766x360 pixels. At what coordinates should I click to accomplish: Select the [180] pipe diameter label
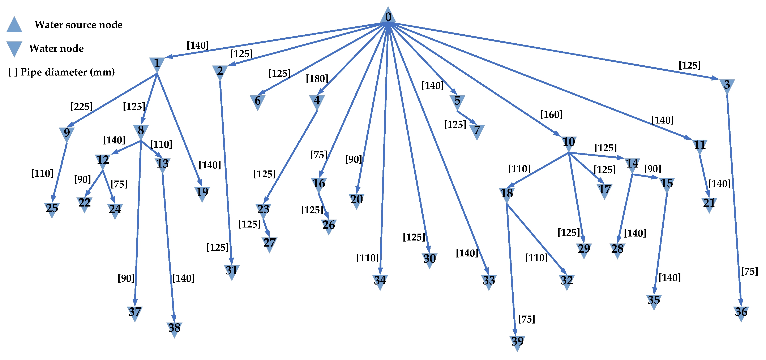[317, 79]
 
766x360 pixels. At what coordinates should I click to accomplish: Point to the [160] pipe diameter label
[551, 114]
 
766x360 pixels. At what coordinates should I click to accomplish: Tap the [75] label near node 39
[527, 319]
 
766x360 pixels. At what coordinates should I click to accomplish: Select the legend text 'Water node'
[56, 48]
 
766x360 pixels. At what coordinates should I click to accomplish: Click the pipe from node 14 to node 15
[645, 176]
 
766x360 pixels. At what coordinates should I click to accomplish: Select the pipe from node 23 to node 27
[266, 228]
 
